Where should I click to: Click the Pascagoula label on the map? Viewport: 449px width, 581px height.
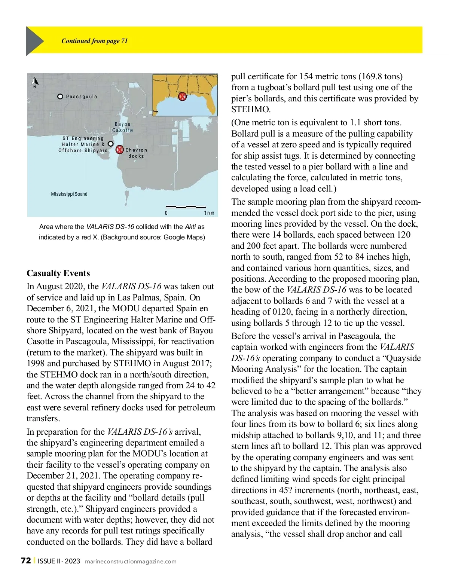point(82,97)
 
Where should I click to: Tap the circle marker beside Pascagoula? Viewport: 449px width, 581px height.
point(60,97)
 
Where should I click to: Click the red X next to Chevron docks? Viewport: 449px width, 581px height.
point(119,150)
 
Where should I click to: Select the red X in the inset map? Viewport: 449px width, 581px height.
point(182,97)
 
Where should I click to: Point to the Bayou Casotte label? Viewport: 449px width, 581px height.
point(123,127)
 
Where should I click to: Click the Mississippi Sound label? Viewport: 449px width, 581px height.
point(69,194)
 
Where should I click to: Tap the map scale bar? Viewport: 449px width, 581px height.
point(186,207)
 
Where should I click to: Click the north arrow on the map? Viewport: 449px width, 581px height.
point(35,81)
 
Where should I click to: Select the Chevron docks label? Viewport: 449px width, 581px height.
point(136,153)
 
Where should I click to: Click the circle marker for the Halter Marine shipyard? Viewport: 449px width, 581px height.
point(110,144)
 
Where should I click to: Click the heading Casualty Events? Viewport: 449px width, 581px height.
point(58,273)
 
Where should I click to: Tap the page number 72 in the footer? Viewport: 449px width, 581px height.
point(26,560)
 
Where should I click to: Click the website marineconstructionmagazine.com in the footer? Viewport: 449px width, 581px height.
point(131,561)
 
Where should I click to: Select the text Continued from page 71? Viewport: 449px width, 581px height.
point(95,41)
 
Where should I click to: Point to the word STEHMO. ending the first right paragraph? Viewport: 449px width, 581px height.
point(251,109)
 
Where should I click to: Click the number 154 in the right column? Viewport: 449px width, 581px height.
point(306,76)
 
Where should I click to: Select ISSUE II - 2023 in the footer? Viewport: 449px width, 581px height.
point(59,561)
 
